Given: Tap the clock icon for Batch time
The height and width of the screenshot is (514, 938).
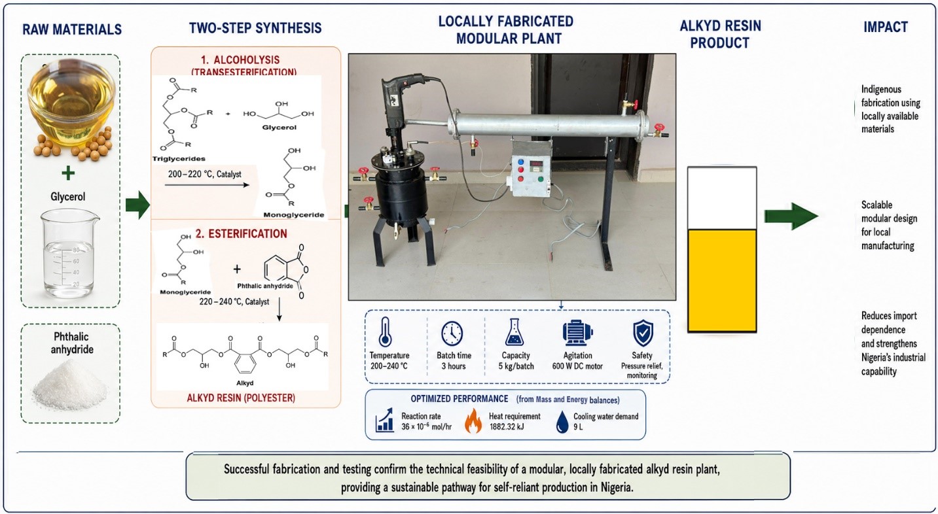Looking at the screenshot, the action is [452, 334].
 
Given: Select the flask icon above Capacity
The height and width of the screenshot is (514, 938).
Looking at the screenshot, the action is [514, 332].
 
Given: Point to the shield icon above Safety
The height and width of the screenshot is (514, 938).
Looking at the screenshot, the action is [643, 334].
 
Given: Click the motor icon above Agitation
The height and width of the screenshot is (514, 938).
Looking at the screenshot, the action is [578, 334].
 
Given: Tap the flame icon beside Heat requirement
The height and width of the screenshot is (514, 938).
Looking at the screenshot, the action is [473, 420].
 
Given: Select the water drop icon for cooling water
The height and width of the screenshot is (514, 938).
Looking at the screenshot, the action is [562, 422].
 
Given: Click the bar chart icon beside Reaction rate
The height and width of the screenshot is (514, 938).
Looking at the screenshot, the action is [385, 420].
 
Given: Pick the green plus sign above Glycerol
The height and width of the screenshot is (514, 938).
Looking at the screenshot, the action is [68, 173].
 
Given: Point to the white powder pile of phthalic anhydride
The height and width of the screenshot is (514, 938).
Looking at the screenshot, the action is [69, 385].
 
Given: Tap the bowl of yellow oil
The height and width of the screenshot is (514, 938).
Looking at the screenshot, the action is [71, 103].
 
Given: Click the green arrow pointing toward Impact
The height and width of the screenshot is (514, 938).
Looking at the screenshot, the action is [791, 216].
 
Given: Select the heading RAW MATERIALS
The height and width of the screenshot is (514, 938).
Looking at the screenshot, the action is [72, 29].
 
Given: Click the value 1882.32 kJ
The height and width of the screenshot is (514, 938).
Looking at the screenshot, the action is [506, 427].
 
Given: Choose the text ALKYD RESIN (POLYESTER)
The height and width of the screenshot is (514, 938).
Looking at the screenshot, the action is [241, 398].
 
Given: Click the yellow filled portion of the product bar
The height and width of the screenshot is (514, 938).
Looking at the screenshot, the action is [722, 280].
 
